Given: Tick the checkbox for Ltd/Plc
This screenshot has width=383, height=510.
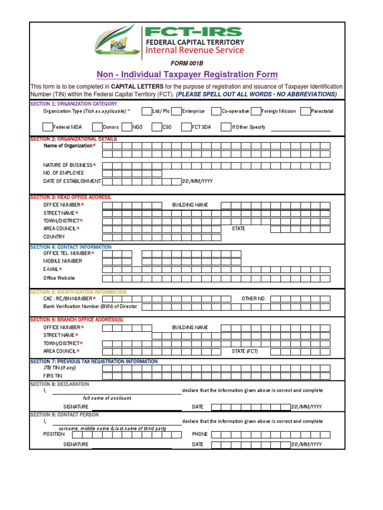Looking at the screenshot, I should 147,112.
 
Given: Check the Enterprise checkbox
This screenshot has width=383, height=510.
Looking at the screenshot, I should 176,112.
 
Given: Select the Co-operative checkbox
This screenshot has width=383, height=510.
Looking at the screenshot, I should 216,112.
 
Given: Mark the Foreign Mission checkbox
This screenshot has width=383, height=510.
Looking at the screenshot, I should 256,112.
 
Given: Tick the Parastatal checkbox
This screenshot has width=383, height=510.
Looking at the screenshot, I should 305,112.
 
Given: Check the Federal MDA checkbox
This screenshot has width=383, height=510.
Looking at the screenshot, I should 47,127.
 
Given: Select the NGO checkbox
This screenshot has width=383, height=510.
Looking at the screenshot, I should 127,127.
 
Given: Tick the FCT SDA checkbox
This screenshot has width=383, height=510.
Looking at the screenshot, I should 187,127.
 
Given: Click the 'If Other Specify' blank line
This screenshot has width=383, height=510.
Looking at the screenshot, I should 300,128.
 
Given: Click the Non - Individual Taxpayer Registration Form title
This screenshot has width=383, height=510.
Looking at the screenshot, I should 187,75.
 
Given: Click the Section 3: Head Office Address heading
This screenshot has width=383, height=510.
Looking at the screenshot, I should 70,197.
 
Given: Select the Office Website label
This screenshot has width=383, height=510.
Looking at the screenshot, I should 59,278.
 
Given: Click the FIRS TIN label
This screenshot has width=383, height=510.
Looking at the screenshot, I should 53,376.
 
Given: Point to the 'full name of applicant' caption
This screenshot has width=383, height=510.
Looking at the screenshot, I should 107,398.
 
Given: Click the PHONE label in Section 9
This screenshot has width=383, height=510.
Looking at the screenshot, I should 199,434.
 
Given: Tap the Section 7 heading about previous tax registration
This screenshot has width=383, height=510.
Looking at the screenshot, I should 94,362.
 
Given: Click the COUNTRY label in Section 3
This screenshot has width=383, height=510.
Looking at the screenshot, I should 54,237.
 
